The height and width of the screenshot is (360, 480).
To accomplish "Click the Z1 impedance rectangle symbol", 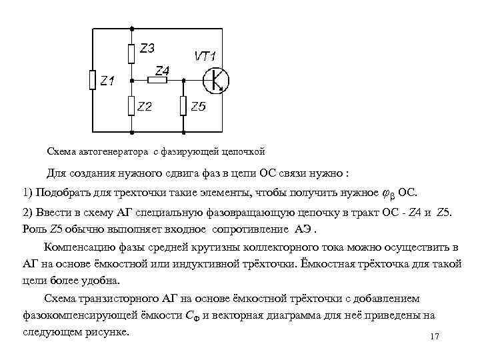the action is tap(92, 80).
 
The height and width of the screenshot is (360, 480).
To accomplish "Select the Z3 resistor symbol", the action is tap(132, 51).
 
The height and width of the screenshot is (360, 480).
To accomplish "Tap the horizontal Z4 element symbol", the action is tap(158, 80).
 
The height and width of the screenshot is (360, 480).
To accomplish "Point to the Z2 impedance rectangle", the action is tap(132, 105).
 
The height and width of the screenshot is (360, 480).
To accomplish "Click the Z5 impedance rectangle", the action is tap(183, 105).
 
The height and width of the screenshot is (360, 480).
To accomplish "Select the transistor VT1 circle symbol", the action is tap(215, 80).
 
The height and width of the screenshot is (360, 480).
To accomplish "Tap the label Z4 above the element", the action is tap(162, 69).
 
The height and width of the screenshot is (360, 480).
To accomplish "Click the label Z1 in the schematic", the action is tap(107, 81).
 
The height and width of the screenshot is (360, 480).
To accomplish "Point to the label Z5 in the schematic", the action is tap(198, 107).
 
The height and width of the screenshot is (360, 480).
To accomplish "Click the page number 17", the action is tap(435, 337).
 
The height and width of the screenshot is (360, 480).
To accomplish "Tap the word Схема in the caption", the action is tap(61, 151).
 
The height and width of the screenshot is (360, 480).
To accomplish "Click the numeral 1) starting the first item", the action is tap(27, 193).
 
